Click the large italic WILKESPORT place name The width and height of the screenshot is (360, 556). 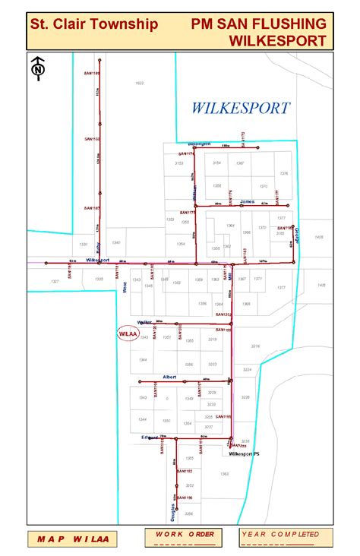coord(240,108)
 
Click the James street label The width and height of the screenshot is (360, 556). coord(246,201)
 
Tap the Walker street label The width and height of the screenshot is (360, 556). coord(146,322)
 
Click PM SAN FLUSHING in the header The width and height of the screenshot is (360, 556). coord(261,24)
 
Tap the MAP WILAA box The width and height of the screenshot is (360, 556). coord(72,539)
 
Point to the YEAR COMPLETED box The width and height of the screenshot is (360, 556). coord(280,538)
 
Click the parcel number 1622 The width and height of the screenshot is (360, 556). coord(139,83)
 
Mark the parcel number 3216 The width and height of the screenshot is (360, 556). coord(255,346)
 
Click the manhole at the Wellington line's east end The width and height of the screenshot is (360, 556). coord(258,147)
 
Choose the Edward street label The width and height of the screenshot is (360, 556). coord(147,437)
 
